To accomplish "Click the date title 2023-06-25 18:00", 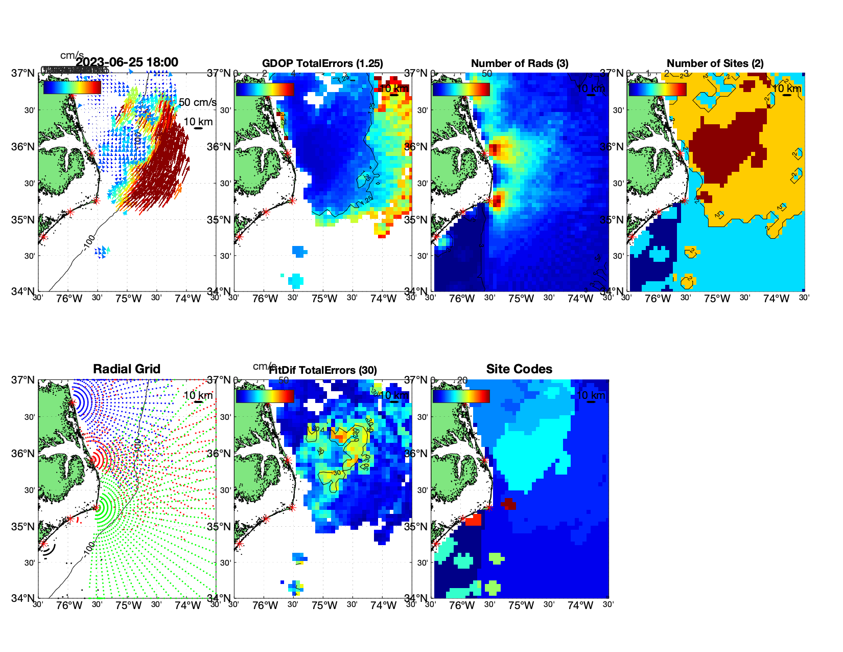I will [127, 62].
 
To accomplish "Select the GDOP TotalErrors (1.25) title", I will [322, 63].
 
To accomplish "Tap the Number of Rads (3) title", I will [520, 63].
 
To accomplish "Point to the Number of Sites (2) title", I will [715, 63].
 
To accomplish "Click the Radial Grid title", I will [127, 369].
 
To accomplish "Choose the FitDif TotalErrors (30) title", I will [323, 370].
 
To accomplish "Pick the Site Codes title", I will [519, 369].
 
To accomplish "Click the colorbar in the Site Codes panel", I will [461, 396].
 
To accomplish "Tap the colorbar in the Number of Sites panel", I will [657, 89].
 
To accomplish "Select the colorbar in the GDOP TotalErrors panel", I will [265, 89].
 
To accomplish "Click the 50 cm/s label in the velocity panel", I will [197, 102].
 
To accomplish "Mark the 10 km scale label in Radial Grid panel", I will [198, 395].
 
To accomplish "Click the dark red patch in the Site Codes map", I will [508, 504].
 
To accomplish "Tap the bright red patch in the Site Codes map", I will [473, 520].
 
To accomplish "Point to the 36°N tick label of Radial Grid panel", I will [24, 454].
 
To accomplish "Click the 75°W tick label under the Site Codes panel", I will [521, 605].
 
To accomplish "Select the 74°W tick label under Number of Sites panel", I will [776, 299].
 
